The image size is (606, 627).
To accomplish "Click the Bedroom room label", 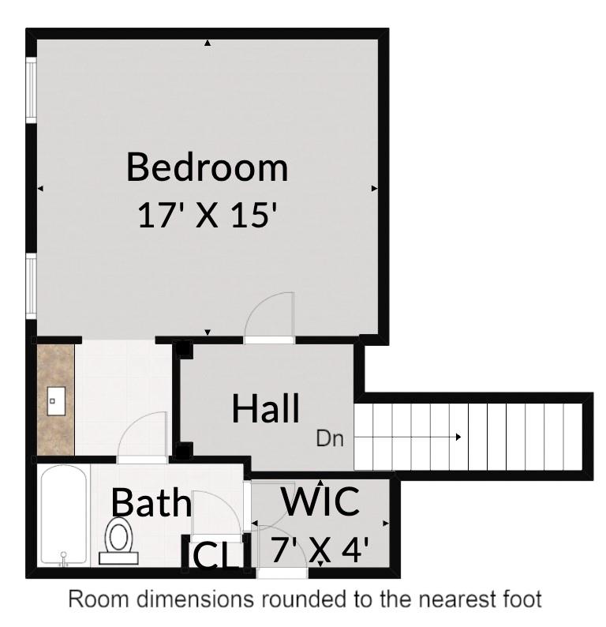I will (x=207, y=167).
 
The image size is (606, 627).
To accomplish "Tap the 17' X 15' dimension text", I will (x=207, y=215).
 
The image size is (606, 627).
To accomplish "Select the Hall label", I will (x=266, y=409).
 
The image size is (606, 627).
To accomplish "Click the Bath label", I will (x=151, y=502).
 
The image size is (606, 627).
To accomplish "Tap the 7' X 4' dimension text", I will (x=320, y=548).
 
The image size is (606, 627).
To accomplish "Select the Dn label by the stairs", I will (x=331, y=438).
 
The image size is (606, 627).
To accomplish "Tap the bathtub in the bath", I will (x=64, y=516).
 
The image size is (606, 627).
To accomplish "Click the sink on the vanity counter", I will (x=54, y=401).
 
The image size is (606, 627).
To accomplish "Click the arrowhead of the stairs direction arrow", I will (x=457, y=437).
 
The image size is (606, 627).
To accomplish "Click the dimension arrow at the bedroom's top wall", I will (x=208, y=43).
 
